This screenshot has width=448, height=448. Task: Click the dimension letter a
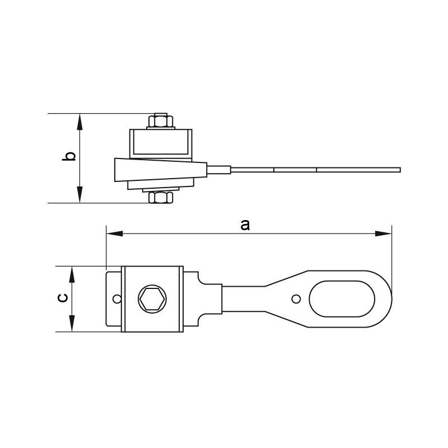click(x=244, y=225)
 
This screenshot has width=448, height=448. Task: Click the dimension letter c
click(x=63, y=298)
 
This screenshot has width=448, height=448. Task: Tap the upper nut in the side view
click(x=161, y=122)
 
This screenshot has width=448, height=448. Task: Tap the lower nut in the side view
click(x=161, y=197)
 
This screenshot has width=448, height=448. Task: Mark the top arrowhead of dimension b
click(x=81, y=118)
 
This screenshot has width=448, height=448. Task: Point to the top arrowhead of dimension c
click(x=72, y=271)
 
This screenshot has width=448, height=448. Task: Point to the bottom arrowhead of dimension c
click(x=72, y=327)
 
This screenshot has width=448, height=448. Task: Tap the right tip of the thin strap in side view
click(x=399, y=169)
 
